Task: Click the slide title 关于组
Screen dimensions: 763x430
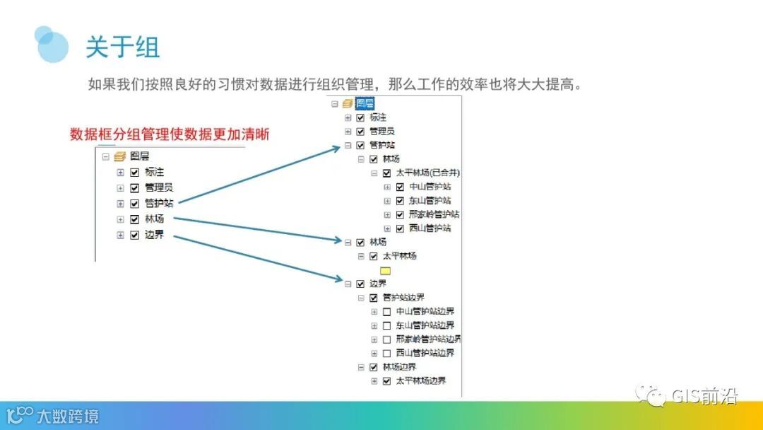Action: [x=123, y=47]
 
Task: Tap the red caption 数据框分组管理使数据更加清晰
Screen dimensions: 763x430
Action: [x=170, y=134]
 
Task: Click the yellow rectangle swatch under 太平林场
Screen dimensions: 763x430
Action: [x=385, y=270]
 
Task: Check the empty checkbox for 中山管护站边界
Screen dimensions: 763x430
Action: [x=386, y=311]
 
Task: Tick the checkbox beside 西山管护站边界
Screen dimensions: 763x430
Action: [x=386, y=353]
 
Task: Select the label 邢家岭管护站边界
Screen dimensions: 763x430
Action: [x=428, y=339]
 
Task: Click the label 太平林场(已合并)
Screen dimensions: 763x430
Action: [x=428, y=173]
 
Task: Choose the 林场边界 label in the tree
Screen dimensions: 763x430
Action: [x=399, y=367]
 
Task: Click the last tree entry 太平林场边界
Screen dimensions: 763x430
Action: [x=420, y=380]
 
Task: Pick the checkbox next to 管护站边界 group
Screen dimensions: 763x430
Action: [x=374, y=298]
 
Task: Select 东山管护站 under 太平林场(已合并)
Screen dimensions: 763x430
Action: [x=430, y=201]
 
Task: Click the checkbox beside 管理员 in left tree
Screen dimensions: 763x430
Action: [x=134, y=187]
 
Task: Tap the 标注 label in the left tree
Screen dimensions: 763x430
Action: [x=154, y=172]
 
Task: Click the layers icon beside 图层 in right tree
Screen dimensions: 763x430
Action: [x=348, y=103]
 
